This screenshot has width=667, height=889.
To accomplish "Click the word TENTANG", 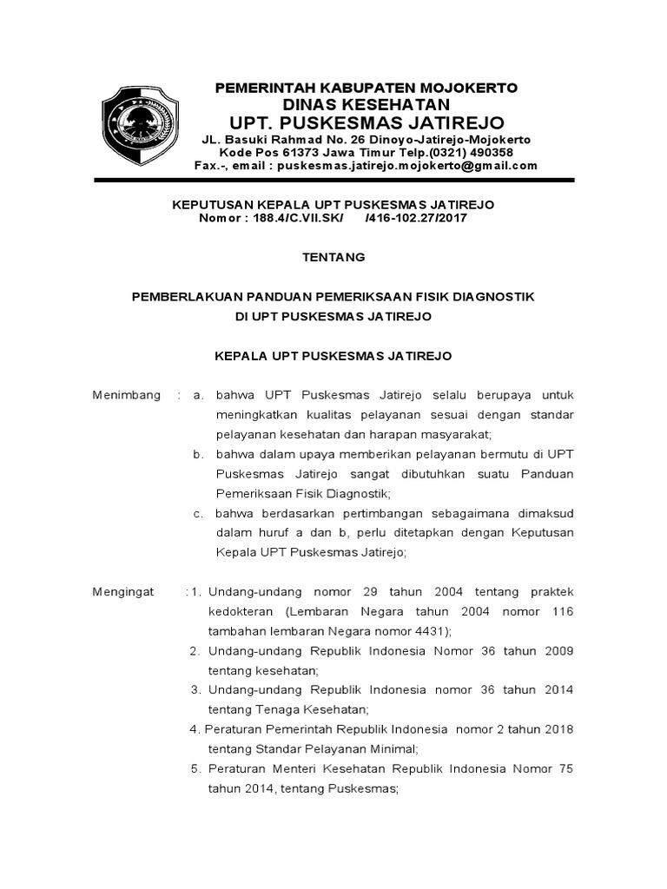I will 333,257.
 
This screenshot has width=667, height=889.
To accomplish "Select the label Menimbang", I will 127,395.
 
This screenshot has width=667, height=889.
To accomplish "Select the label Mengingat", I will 123,592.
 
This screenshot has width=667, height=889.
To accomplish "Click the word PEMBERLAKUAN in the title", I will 188,297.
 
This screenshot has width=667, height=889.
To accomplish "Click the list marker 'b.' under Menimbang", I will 198,454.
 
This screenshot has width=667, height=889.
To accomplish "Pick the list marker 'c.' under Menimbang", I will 198,513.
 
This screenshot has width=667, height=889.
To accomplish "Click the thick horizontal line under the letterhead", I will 334,180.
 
